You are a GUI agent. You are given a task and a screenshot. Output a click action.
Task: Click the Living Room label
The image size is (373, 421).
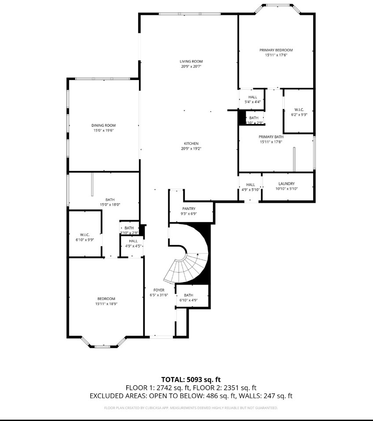[191, 62]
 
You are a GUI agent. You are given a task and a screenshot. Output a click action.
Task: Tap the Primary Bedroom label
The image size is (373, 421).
[276, 50]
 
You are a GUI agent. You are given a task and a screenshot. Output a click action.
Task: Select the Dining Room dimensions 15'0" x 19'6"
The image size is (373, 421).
[104, 131]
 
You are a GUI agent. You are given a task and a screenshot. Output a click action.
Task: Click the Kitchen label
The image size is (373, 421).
[191, 143]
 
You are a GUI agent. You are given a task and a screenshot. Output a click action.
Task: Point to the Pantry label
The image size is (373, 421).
[189, 209]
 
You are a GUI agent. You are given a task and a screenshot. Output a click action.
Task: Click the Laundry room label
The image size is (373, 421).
[286, 183]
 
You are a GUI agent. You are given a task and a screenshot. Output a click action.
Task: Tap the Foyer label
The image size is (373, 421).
[158, 290]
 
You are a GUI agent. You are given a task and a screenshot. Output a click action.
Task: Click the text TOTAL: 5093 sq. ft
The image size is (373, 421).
[190, 379]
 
